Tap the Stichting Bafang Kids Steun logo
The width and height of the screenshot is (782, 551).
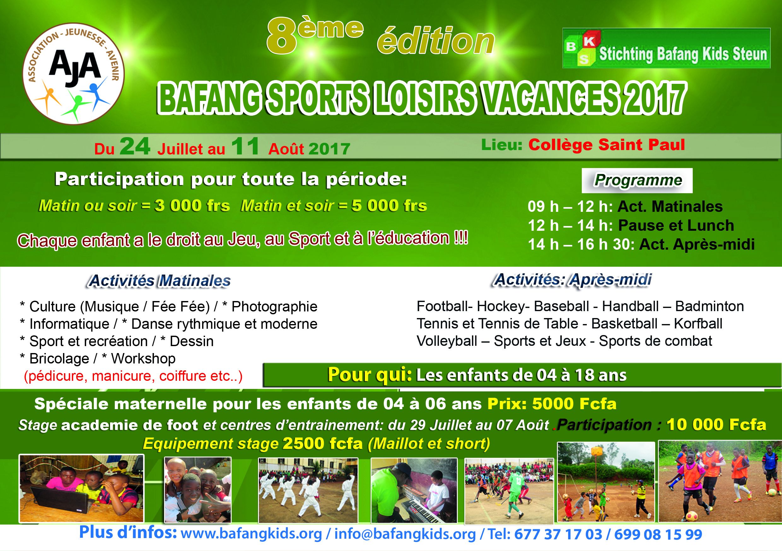[x=666, y=48]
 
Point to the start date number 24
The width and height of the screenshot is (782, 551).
[x=135, y=147]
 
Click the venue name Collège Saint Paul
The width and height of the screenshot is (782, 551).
[x=607, y=144]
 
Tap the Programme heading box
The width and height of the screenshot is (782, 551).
[x=637, y=181]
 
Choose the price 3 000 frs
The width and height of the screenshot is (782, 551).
[x=192, y=206]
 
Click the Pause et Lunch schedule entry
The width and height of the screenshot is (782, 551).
[x=676, y=225]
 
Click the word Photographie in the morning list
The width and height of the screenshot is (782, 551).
[x=275, y=307]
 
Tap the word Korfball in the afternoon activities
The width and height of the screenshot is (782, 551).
[x=698, y=323]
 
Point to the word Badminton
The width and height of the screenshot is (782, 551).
[x=709, y=306]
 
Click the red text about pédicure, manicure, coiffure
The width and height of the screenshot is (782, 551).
[x=133, y=376]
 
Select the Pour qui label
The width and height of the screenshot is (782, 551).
[x=370, y=375]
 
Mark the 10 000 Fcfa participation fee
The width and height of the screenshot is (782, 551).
[x=716, y=425]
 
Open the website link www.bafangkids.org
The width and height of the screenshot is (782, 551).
[x=251, y=534]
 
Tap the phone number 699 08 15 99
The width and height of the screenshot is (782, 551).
[x=658, y=534]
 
